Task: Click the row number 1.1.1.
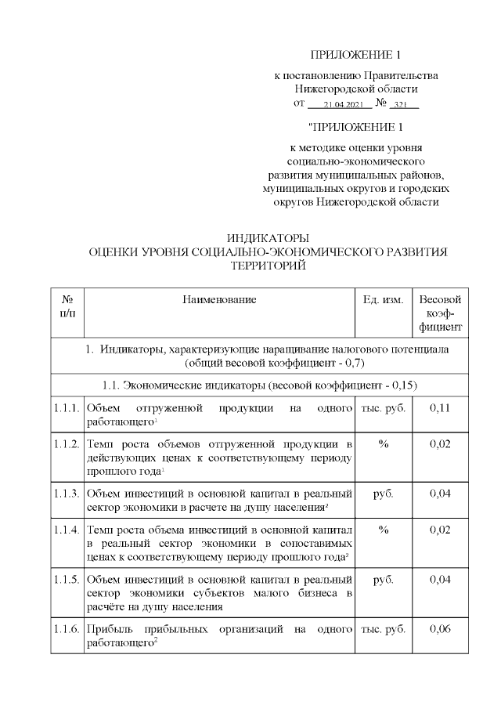click(67, 408)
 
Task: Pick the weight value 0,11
click(441, 408)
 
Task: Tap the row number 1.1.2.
click(67, 444)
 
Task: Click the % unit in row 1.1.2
click(384, 444)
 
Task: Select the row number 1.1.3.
click(67, 494)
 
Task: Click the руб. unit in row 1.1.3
click(384, 494)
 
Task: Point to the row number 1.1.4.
click(67, 530)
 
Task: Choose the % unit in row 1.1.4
click(384, 530)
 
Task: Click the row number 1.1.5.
click(67, 580)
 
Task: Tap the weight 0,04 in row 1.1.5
click(441, 580)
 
